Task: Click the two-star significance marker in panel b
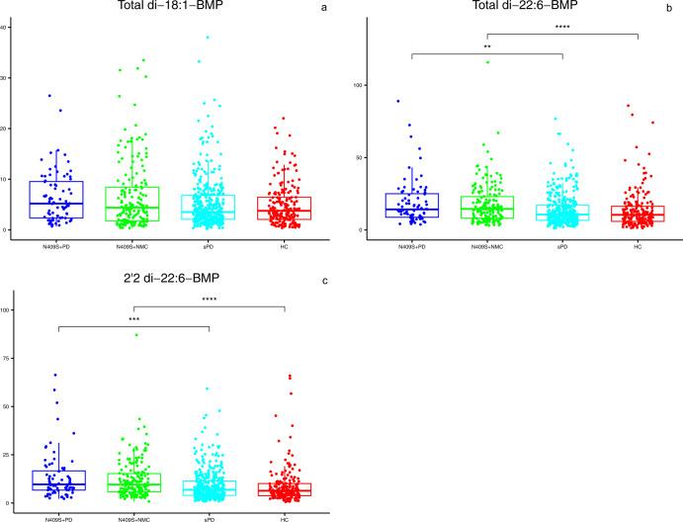point(487,46)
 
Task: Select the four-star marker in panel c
point(210,300)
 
